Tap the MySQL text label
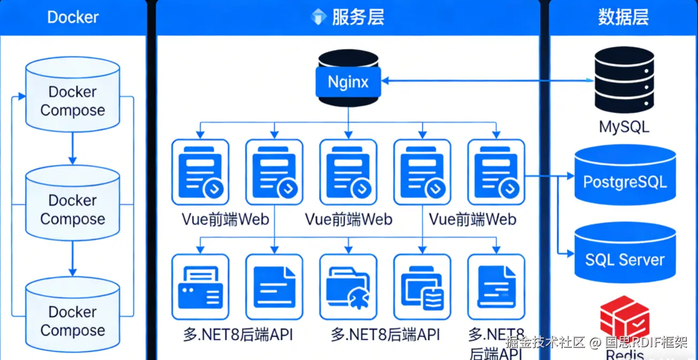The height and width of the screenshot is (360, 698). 624,127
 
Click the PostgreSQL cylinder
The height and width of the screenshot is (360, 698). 625,175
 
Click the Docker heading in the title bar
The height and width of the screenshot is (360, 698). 73,17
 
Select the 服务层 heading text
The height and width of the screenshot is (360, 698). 358,17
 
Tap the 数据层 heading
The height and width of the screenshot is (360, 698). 624,17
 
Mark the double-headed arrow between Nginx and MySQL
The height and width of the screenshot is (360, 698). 487,81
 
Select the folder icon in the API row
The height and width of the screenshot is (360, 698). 348,287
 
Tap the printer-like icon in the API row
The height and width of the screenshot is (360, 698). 200,287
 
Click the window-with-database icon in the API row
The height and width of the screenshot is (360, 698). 422,287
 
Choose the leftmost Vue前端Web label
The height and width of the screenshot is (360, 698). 225,219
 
